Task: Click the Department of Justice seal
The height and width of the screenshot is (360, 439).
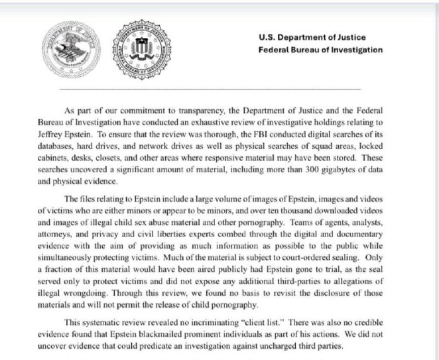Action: [x=67, y=49]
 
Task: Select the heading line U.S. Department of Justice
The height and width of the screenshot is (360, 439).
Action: [x=312, y=37]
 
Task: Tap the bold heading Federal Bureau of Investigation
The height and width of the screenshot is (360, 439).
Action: [x=320, y=50]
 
